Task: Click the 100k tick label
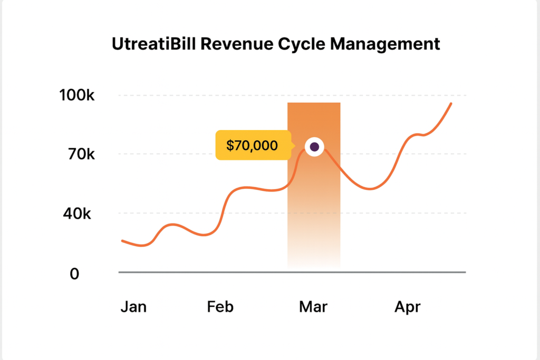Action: [x=78, y=96]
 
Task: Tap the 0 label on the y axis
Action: [x=74, y=274]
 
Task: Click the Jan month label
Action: [x=133, y=307]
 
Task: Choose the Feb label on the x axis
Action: [x=220, y=307]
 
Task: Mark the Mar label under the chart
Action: [x=313, y=307]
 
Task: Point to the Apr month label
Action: [x=407, y=307]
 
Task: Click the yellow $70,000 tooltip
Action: [x=252, y=145]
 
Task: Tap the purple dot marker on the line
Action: [x=314, y=147]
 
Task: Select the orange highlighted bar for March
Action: [x=314, y=221]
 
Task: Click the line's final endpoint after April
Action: [x=451, y=103]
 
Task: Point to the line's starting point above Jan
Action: [x=122, y=241]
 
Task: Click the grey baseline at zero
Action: [x=211, y=273]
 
